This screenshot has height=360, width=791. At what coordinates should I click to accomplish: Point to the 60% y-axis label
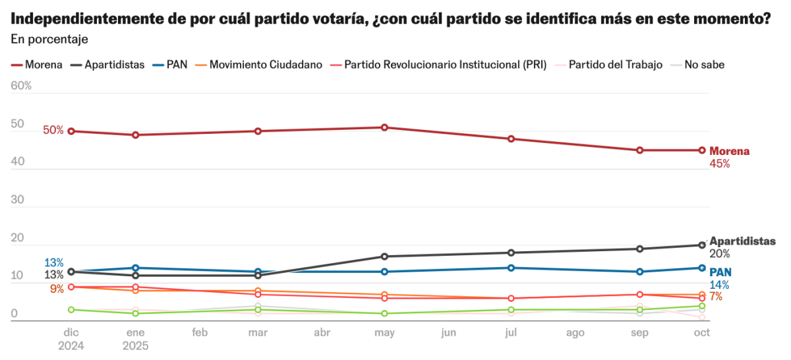(21, 86)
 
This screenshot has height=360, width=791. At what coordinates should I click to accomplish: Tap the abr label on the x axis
(322, 333)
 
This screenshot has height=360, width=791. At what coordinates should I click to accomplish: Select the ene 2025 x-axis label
(135, 339)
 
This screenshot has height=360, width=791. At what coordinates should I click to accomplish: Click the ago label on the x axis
(575, 333)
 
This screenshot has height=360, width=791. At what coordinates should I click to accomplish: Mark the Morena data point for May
(384, 127)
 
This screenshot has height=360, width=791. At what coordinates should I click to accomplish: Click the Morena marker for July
(511, 138)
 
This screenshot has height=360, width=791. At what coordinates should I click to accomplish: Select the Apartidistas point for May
(384, 256)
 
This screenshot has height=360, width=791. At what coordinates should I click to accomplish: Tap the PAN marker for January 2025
(135, 268)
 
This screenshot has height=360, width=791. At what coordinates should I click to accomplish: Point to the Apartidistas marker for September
(639, 249)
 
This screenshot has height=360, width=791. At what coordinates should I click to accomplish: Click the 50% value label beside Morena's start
(53, 131)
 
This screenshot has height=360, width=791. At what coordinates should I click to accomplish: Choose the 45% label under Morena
(720, 164)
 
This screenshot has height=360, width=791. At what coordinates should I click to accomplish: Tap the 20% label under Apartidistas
(720, 253)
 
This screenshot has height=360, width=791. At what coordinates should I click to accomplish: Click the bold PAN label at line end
(720, 272)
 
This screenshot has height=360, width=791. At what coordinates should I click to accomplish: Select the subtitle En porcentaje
(49, 39)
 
